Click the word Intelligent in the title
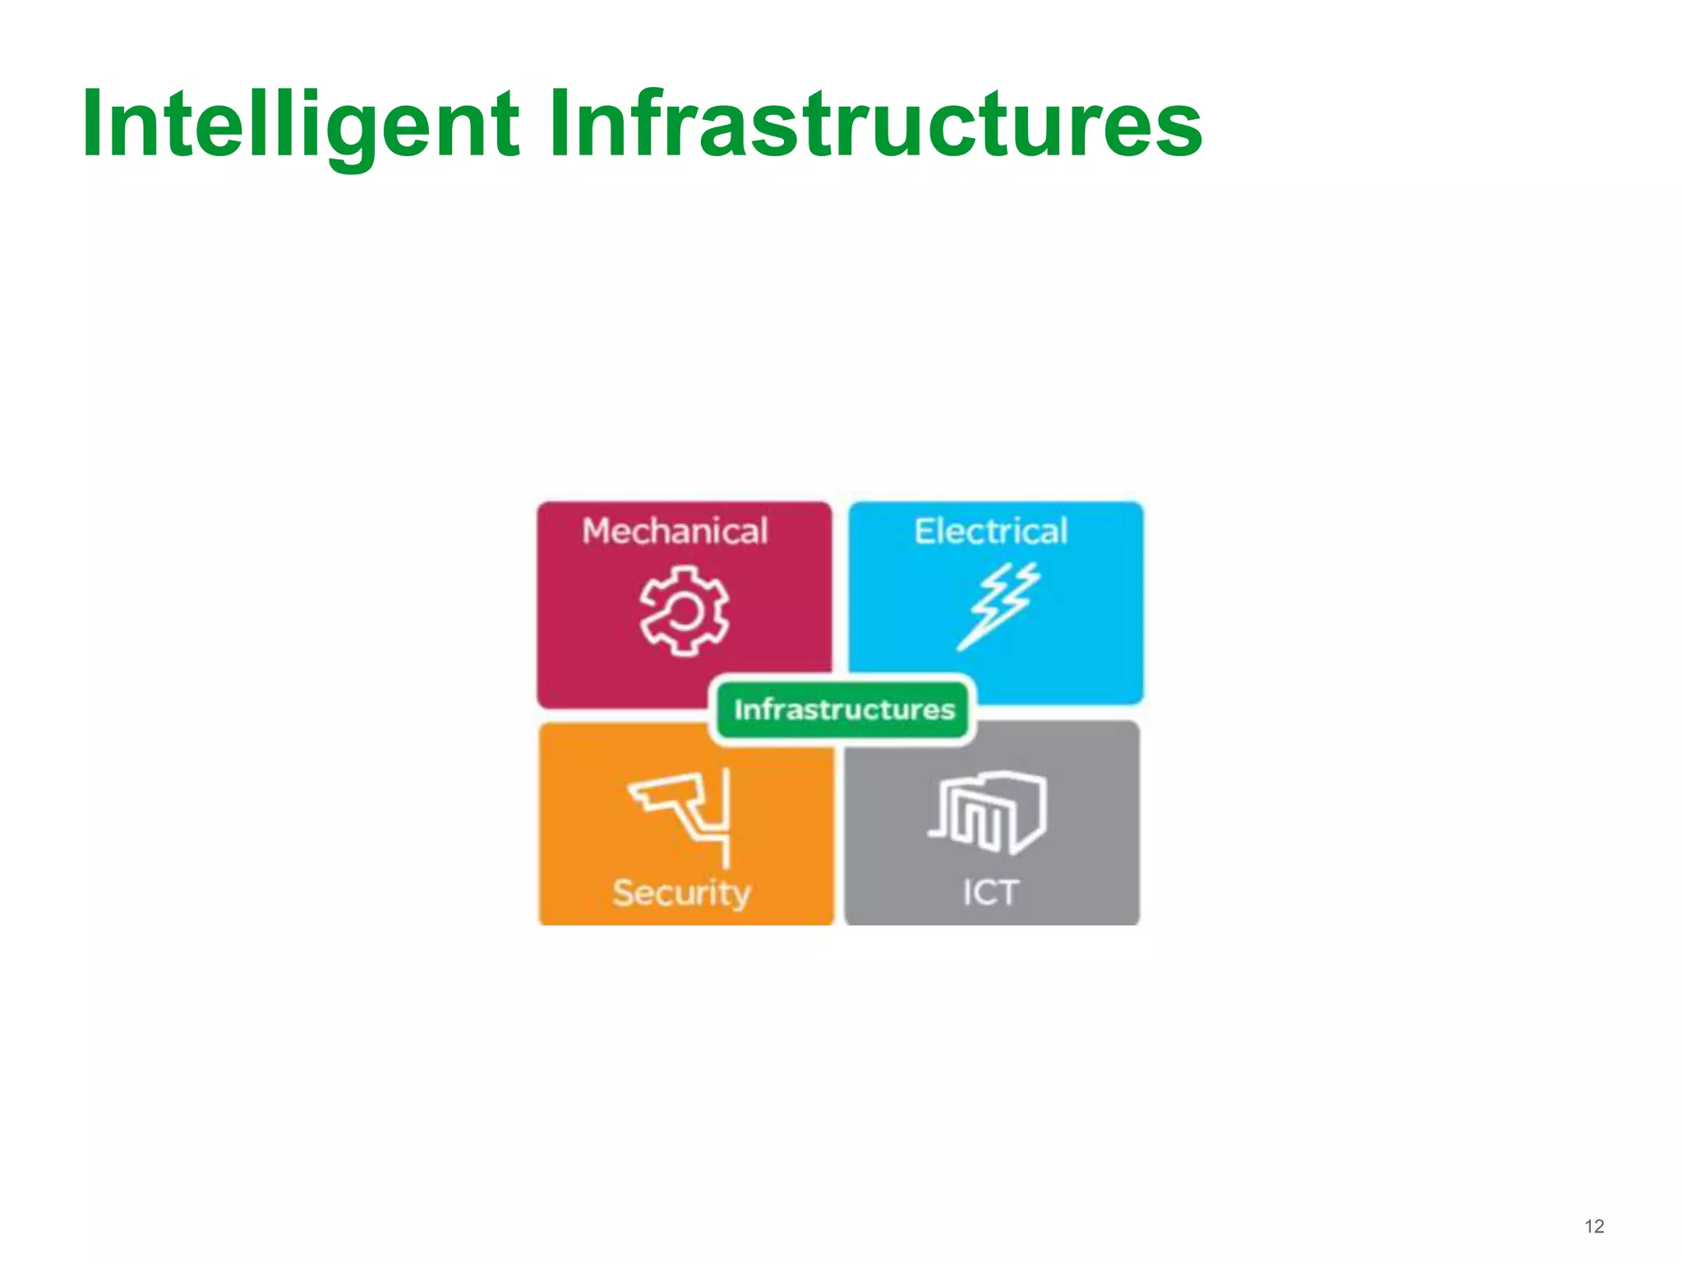[301, 125]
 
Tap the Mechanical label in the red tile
[675, 532]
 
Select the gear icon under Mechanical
[684, 610]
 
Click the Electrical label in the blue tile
[991, 532]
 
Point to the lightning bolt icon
[998, 606]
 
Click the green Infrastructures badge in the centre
[844, 709]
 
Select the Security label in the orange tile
[681, 893]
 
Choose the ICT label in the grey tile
[990, 892]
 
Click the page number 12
[1593, 1227]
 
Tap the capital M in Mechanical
[598, 532]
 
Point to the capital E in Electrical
[925, 532]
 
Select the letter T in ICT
[1007, 892]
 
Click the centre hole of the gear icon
[684, 611]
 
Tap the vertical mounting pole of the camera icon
[726, 818]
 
